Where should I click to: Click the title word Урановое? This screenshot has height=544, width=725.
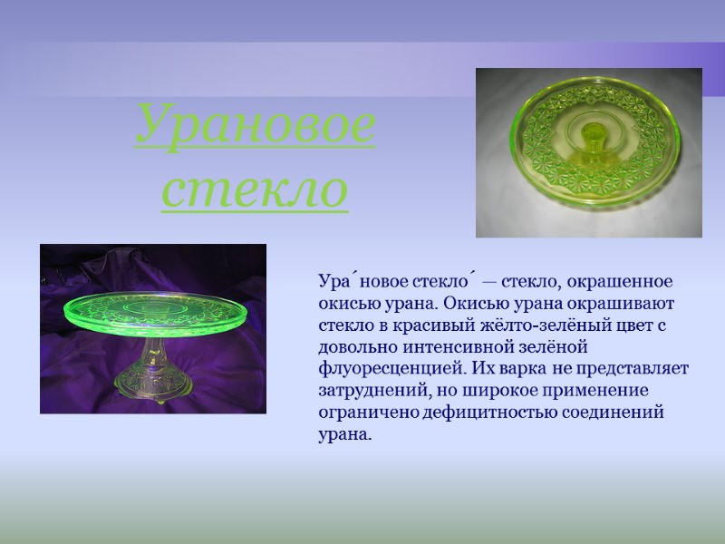pyautogui.click(x=255, y=127)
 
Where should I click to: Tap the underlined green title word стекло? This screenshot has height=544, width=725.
pyautogui.click(x=255, y=189)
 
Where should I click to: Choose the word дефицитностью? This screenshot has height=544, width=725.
pyautogui.click(x=493, y=412)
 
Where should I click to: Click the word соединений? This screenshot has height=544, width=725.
pyautogui.click(x=620, y=412)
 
